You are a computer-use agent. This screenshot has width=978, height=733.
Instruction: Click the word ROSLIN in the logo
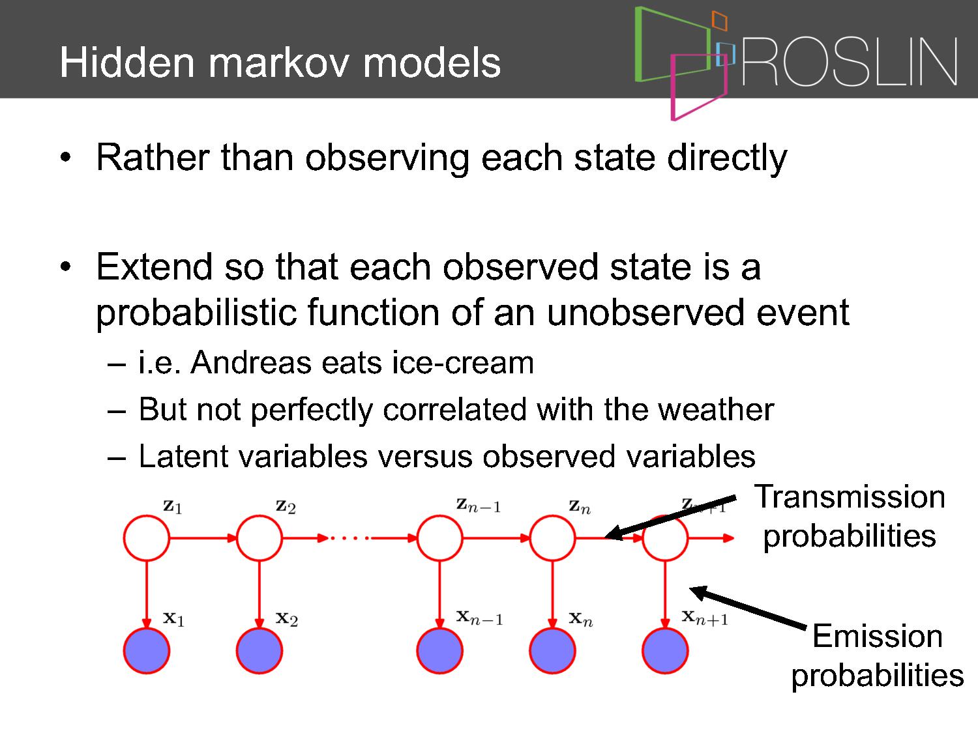[850, 61]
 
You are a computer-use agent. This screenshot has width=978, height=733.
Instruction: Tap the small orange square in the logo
[719, 21]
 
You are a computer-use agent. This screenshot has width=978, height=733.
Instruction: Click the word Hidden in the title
[127, 63]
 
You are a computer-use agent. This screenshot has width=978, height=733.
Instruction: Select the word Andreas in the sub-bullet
[251, 362]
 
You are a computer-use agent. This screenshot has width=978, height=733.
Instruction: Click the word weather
[716, 409]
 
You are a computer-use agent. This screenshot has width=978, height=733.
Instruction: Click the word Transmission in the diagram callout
[850, 496]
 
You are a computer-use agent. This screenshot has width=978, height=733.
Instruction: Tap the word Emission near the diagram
[878, 636]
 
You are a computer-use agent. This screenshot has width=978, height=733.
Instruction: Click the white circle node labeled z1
[146, 538]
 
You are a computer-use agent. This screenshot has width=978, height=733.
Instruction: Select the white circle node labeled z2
[259, 538]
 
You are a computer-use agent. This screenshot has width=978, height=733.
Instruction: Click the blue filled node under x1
[146, 651]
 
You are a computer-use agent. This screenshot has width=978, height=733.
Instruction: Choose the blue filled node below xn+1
[665, 651]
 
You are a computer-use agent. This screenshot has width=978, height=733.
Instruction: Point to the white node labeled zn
[552, 538]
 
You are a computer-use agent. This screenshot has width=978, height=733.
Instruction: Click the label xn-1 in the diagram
[479, 618]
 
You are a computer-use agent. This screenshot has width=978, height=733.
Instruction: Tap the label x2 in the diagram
[286, 618]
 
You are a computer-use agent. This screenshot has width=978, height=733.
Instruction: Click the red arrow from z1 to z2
[203, 538]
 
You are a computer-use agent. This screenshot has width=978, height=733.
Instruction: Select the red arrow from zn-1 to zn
[496, 538]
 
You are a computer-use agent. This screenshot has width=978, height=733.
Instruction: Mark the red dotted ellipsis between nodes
[349, 538]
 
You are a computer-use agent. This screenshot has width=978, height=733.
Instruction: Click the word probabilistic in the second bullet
[196, 314]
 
